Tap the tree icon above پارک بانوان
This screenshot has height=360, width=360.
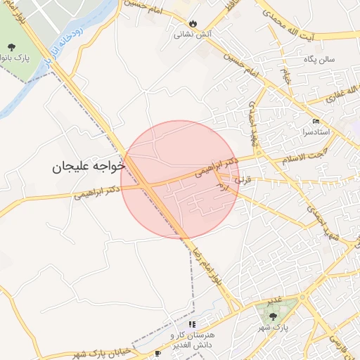coord(11,48)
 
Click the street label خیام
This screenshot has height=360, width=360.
coord(287,75)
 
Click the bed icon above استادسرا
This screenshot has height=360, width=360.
coord(316,121)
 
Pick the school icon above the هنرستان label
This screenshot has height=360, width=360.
coord(192,325)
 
